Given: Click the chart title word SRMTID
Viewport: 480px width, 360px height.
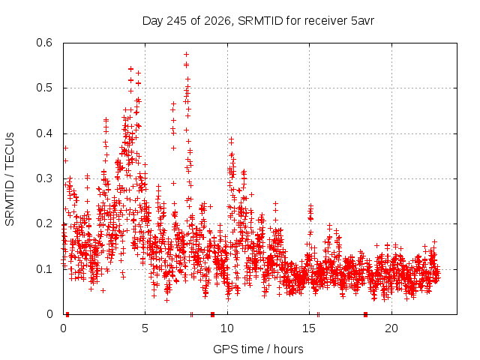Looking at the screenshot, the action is [260, 21].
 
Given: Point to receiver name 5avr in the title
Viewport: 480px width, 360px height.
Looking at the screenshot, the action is [362, 21].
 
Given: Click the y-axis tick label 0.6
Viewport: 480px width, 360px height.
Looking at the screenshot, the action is [44, 43].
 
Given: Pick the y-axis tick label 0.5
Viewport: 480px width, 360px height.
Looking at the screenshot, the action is [44, 88].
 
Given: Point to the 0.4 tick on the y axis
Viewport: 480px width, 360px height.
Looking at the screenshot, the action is [44, 133].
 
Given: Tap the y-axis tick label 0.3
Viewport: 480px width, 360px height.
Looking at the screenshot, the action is [44, 178].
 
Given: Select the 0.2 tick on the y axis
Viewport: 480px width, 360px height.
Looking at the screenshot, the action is [44, 223].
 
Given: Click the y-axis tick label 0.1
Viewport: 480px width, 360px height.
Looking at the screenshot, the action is [44, 269].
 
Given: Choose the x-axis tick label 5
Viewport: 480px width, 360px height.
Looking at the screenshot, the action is [145, 328].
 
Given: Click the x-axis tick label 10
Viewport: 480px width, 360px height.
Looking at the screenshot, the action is [227, 328].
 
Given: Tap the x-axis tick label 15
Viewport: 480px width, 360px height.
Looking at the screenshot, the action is [309, 328].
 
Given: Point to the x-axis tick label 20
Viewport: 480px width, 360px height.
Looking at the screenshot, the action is [391, 328].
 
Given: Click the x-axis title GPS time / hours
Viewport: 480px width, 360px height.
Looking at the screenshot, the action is [258, 349].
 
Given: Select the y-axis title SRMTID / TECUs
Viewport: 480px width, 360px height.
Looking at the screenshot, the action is [10, 179].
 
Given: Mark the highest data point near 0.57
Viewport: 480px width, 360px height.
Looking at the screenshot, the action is [186, 55].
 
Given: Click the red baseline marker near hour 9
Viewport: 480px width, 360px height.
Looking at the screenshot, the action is [212, 314].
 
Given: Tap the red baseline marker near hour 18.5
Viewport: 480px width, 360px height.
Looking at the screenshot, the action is [365, 314].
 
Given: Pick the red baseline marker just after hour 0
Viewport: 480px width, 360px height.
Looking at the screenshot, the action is [67, 314].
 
